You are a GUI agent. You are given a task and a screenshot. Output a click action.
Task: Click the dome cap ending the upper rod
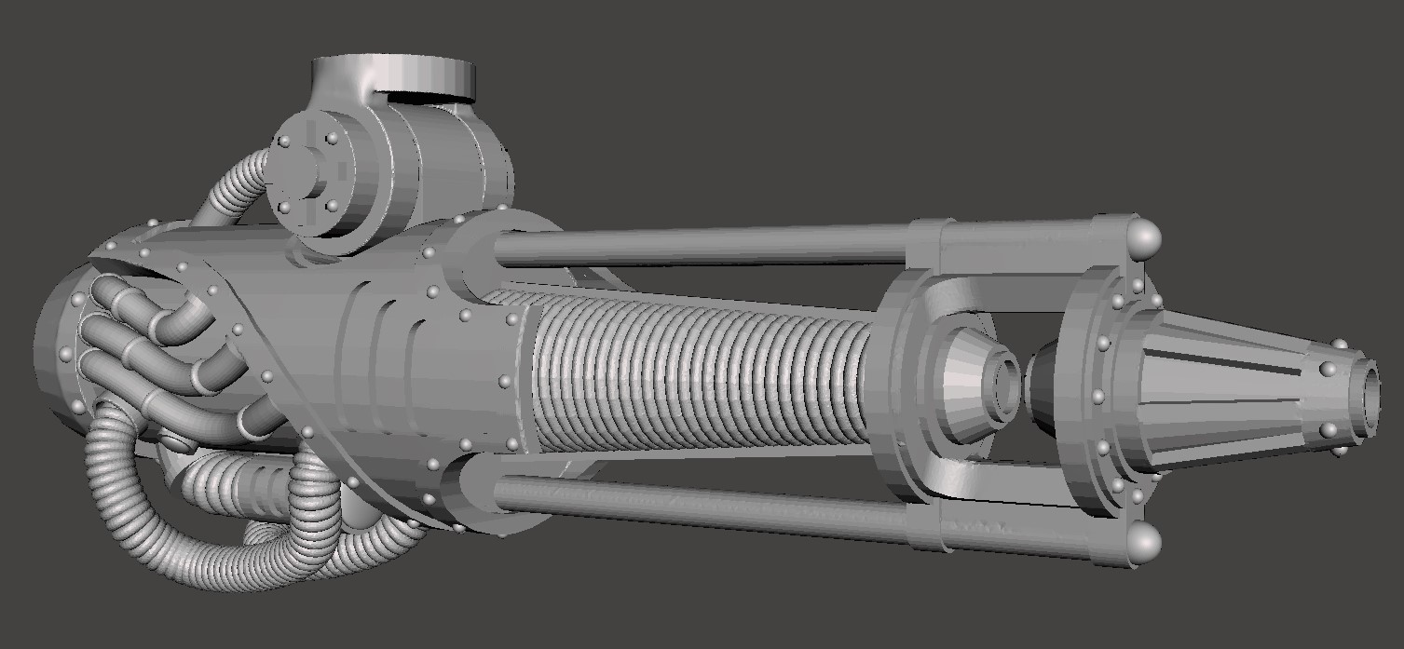tap(1144, 239)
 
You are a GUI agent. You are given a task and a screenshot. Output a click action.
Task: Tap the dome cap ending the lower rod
tap(1144, 542)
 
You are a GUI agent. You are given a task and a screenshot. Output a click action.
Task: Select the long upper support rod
tap(699, 244)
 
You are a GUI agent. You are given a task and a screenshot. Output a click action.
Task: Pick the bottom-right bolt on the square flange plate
tap(332, 206)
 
